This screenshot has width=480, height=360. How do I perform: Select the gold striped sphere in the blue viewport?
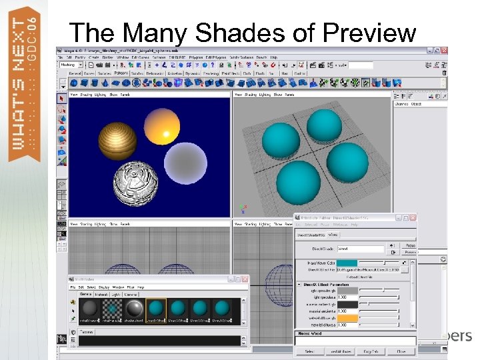117,139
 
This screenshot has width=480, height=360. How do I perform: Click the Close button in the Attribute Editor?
401,351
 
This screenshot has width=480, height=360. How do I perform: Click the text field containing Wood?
360,249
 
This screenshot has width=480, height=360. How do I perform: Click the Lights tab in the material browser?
116,294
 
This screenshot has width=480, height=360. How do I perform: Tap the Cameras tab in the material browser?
131,294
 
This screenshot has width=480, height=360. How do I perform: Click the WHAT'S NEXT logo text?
22,87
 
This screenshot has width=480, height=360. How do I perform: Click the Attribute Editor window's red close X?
413,218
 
